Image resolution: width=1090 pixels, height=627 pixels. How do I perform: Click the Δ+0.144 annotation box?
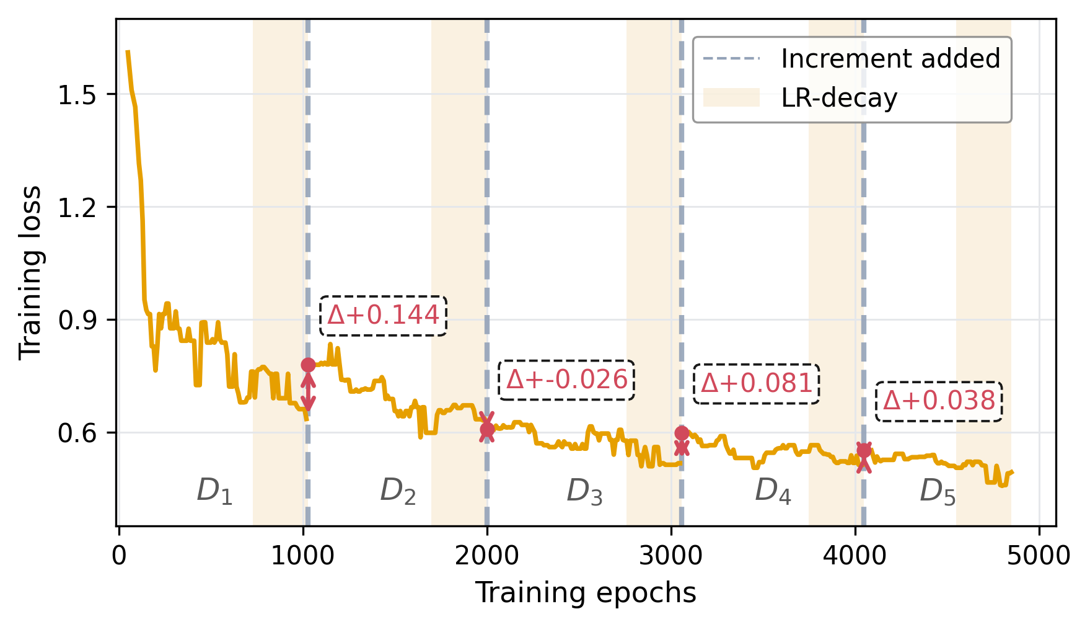[x=383, y=316]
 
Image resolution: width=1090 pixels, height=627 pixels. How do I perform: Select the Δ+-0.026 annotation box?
[x=566, y=380]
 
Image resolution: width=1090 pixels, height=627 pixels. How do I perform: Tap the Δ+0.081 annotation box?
[x=756, y=384]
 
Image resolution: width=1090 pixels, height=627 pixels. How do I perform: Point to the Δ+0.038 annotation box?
[x=939, y=401]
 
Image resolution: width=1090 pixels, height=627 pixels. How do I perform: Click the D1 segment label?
[x=214, y=491]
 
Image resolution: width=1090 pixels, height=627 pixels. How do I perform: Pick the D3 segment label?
[x=584, y=492]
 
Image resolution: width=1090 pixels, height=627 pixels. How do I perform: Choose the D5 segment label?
[x=937, y=492]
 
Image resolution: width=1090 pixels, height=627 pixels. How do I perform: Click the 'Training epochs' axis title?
[x=586, y=593]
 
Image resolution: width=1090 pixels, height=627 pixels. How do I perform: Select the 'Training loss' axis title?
[x=30, y=272]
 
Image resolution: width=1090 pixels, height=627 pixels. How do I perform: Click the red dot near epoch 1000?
[x=308, y=365]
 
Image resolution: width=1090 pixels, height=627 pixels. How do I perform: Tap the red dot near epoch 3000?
[x=682, y=433]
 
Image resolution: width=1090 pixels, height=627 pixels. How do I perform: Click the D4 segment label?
[x=773, y=492]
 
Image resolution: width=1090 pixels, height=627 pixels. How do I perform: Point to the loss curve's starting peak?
[x=127, y=52]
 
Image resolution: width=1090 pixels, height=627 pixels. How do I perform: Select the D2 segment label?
[x=398, y=491]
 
